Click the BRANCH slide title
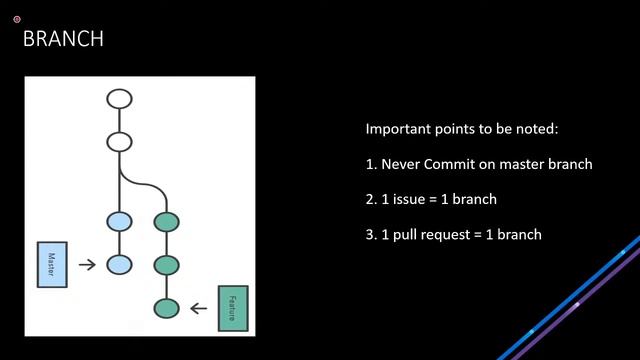pos(63,39)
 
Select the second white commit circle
pos(119,141)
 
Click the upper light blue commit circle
pos(119,222)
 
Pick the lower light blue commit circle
pos(119,265)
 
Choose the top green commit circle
pos(166,222)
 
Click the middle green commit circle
pos(166,265)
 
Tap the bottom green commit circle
pos(166,307)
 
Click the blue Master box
pos(52,265)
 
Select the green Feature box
pos(232,307)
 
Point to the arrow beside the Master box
pos(87,265)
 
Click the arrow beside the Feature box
pos(198,307)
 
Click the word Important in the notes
pos(397,130)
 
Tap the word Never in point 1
pos(400,164)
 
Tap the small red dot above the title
pos(17,19)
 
